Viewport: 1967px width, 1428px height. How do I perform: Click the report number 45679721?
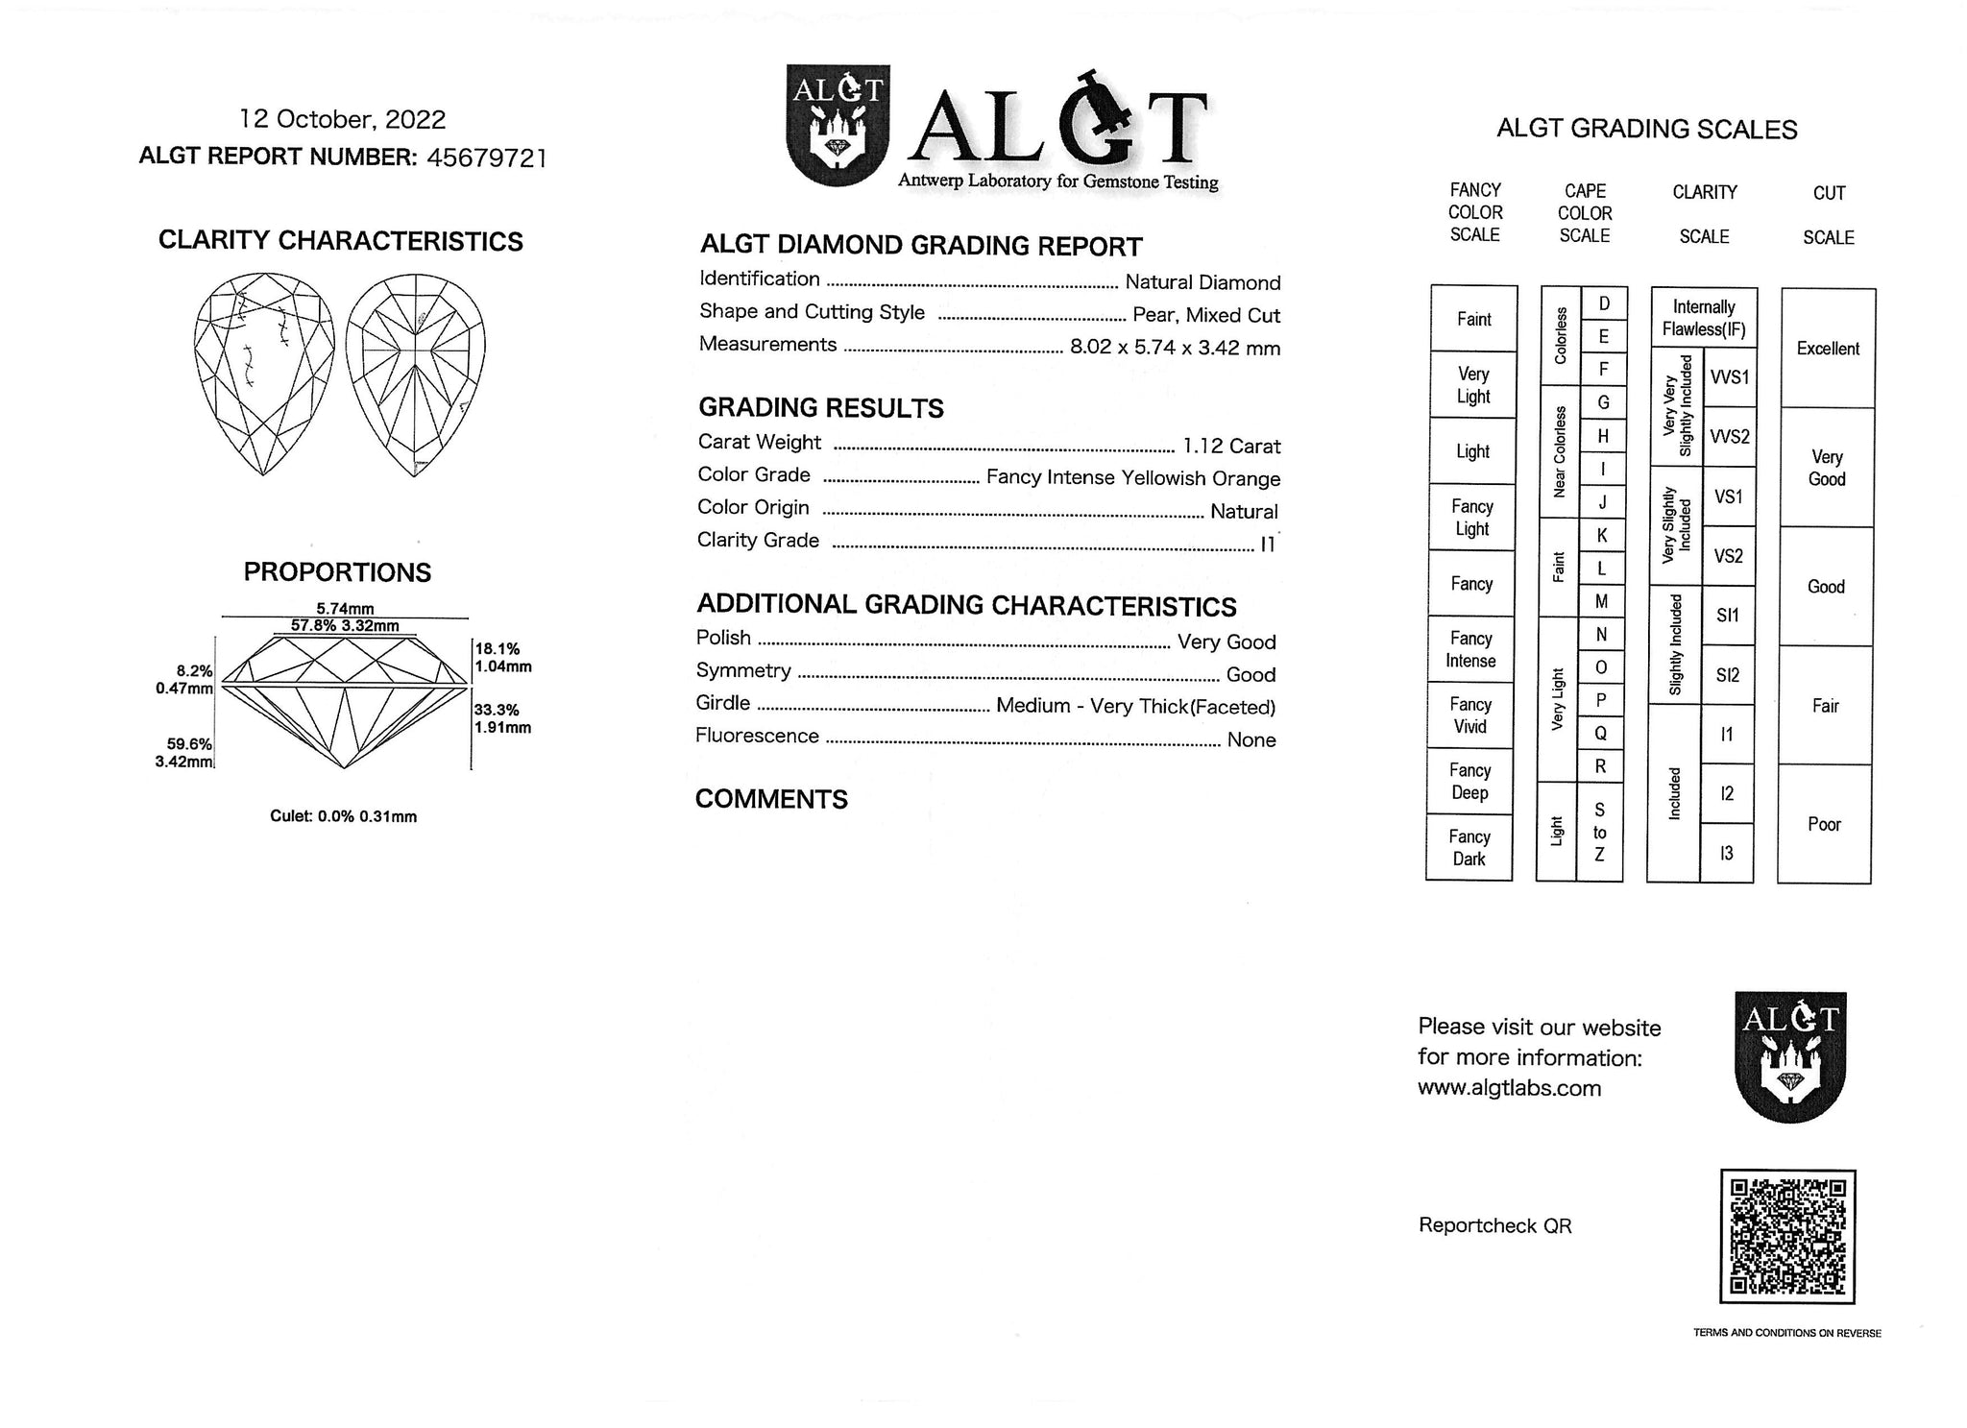486,157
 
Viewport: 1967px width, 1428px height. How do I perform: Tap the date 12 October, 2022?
343,119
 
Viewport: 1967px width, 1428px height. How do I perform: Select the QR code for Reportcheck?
1786,1236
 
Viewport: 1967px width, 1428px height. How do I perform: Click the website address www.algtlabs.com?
1509,1088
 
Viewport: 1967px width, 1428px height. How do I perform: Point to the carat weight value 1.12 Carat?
1231,446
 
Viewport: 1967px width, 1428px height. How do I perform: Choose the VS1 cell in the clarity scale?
1728,496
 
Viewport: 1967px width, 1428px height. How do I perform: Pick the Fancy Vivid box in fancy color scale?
1470,715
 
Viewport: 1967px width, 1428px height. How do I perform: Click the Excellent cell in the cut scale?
1828,349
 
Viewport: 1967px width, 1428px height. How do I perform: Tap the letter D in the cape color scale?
1604,304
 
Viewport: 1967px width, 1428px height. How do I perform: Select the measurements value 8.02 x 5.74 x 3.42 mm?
1175,348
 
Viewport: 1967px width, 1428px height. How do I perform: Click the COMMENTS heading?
771,799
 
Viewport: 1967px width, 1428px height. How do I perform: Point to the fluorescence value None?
1251,739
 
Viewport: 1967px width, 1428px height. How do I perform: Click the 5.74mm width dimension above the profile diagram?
345,608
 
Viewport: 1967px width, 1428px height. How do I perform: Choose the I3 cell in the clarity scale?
1726,853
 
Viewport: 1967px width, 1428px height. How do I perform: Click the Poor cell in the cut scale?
1824,824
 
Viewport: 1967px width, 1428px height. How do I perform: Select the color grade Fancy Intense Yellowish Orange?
1133,478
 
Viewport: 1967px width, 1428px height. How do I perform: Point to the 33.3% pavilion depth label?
497,710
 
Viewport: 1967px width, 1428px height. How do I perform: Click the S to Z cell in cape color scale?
1599,833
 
